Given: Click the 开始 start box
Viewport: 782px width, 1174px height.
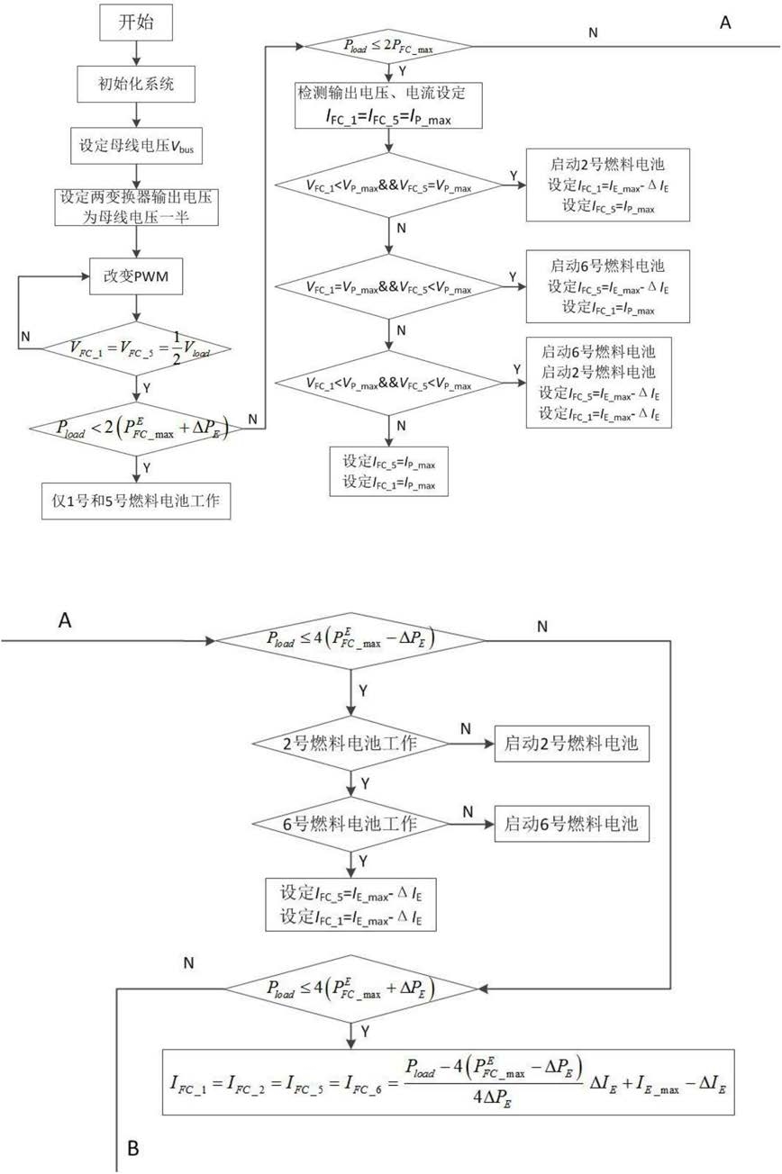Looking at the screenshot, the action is click(136, 23).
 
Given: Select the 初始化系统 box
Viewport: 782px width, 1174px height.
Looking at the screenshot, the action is click(136, 84).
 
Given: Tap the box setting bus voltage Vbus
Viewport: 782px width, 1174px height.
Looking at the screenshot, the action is click(136, 146).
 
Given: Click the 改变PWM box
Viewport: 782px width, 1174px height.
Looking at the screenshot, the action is click(136, 276).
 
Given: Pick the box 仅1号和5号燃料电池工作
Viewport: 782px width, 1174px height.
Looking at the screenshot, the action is click(136, 501).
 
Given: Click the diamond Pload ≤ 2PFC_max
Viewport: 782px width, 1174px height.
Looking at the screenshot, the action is click(388, 46).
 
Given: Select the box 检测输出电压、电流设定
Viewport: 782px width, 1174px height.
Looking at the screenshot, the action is click(388, 105).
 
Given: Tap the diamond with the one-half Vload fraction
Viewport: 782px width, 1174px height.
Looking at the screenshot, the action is click(136, 348).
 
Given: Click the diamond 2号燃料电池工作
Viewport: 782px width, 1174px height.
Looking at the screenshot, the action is click(350, 743).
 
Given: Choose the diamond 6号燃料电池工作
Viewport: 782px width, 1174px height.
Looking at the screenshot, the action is click(350, 824).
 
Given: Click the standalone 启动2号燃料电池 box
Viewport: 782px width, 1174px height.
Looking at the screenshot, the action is click(572, 743).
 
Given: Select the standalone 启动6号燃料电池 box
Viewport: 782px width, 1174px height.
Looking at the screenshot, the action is click(572, 824).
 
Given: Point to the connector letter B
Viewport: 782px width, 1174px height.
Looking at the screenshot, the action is click(133, 1147).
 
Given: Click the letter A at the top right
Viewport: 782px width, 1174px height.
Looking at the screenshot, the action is click(725, 23).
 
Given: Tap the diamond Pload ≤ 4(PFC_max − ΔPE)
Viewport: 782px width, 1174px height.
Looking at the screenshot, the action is click(350, 640).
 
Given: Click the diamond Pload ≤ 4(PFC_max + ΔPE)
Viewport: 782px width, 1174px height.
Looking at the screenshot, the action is click(350, 989).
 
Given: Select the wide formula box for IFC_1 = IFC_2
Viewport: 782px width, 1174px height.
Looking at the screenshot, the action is click(448, 1082).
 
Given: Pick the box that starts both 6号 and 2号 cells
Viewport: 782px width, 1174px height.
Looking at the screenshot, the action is click(599, 383).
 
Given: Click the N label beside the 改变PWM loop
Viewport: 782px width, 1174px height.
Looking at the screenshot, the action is click(25, 337).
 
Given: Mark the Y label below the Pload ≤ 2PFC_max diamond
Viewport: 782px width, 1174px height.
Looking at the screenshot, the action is click(403, 71).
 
